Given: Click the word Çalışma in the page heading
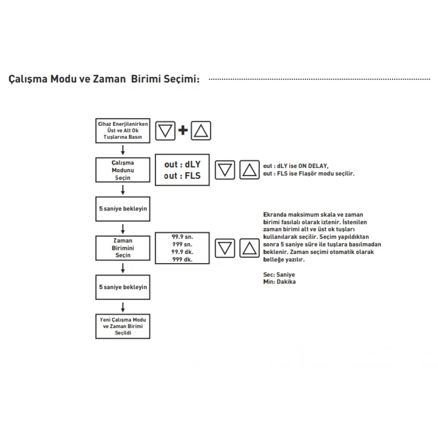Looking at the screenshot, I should point(28,79).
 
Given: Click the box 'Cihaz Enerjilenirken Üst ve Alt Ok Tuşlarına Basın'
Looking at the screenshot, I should point(123,131).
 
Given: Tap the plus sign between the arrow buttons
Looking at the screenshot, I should point(183,130).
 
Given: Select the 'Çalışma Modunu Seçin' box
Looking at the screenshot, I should point(123,170).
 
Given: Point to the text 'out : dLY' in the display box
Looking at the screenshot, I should point(182,164).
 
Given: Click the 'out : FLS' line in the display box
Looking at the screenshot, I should point(182,176).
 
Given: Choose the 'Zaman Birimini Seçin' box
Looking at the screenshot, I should point(123,248).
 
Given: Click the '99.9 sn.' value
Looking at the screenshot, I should point(182,237).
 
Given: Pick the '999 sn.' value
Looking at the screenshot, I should point(182,245).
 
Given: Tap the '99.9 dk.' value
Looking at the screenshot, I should point(182,252).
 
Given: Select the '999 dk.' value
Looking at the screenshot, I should point(182,260).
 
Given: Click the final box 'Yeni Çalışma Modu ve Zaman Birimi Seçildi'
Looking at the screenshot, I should point(123,326).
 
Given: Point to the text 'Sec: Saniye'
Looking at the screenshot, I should point(279,274).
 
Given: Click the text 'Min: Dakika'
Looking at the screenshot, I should point(279,282).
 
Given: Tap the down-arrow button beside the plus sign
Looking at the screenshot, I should point(165,131).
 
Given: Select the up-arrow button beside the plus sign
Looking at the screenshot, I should point(201,131).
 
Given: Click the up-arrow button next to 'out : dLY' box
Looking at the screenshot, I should point(249,170).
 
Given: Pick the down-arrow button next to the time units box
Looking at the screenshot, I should point(224,248).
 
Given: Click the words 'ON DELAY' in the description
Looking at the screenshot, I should point(313,166).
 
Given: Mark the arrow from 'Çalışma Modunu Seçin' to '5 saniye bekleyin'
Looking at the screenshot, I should point(123,190).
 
